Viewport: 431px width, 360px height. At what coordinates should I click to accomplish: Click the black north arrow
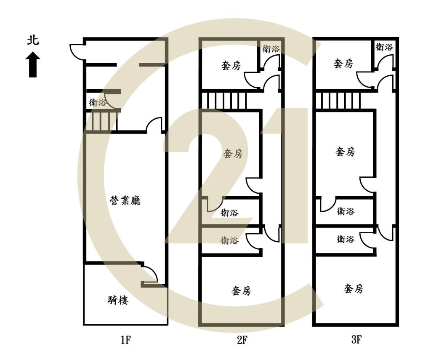click(33, 64)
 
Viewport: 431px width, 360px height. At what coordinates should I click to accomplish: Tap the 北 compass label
click(33, 40)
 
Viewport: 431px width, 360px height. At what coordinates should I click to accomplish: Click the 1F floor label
click(125, 340)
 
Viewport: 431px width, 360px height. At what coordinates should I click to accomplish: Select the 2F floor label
click(242, 340)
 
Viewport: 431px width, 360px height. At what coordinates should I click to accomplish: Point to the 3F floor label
click(356, 340)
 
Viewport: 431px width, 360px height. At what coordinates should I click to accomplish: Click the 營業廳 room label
click(125, 200)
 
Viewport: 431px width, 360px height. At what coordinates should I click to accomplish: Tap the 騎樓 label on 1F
click(118, 300)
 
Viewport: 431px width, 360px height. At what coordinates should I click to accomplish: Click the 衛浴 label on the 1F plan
click(97, 103)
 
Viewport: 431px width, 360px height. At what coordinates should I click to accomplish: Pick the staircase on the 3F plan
click(338, 101)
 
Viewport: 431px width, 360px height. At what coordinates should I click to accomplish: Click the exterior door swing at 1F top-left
click(77, 51)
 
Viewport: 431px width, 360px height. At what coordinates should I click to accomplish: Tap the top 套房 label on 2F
click(231, 65)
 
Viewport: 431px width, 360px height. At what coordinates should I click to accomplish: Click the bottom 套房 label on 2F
click(241, 291)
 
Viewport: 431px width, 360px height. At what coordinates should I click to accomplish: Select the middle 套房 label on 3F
click(345, 152)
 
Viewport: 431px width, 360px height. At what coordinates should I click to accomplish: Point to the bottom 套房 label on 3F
click(354, 289)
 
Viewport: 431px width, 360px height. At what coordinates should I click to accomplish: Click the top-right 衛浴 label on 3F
click(384, 47)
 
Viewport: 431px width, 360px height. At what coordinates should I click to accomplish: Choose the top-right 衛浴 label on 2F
click(271, 49)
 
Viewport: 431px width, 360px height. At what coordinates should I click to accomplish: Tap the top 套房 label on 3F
click(343, 64)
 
